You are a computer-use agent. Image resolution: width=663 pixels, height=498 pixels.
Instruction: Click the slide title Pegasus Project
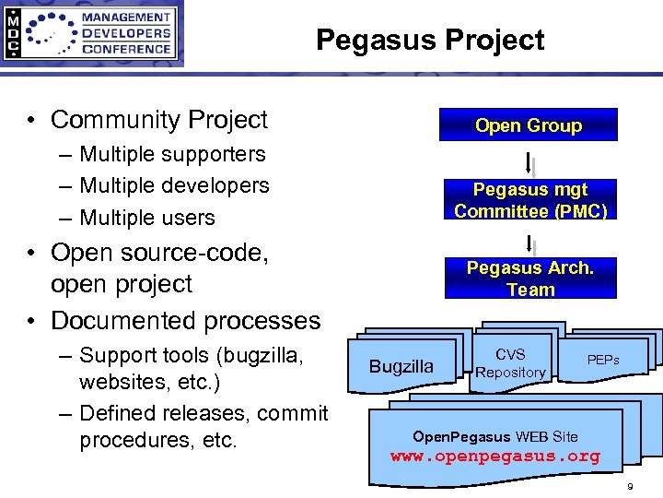430,41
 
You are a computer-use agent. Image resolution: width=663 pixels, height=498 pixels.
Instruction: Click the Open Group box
528,125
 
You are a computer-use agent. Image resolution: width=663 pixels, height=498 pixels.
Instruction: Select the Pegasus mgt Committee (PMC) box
530,200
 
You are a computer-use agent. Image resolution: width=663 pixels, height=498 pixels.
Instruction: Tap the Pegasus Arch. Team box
530,279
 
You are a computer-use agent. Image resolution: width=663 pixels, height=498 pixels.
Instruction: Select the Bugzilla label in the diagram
401,366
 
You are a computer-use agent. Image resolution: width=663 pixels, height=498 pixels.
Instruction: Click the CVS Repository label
510,363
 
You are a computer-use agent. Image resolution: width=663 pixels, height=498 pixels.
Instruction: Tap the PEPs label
603,359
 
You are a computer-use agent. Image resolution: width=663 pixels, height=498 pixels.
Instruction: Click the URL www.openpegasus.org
494,456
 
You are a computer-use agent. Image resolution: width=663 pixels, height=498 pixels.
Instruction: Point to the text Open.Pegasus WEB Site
494,435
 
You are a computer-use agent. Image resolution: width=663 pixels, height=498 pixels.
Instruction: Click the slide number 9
630,486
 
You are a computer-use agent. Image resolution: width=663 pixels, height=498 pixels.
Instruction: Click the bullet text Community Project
158,120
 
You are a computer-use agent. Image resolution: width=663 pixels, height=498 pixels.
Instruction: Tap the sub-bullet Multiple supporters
172,154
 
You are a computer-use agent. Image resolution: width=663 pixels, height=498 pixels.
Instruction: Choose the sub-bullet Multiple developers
174,185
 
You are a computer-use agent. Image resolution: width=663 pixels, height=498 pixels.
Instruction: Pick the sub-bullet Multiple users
147,218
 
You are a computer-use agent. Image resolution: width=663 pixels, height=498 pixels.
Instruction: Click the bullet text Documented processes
185,321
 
